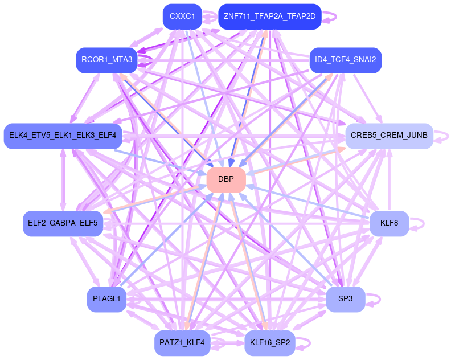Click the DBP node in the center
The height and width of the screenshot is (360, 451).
[x=226, y=179]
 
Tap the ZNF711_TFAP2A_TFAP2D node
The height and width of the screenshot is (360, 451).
[x=269, y=17]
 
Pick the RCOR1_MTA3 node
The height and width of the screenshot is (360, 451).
[x=106, y=60]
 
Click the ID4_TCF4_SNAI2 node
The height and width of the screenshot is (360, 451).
[x=345, y=60]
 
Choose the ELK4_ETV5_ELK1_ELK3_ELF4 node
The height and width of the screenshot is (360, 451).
[x=63, y=136]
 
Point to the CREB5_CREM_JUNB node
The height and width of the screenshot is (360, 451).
[x=389, y=136]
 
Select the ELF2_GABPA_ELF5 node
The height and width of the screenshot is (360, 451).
[x=63, y=223]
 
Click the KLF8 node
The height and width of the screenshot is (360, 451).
[x=389, y=223]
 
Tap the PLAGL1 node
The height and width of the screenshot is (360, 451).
[x=106, y=299]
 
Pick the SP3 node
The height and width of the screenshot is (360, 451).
[x=345, y=299]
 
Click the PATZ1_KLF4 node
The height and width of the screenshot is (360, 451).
[x=182, y=343]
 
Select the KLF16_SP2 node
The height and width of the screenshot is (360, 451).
[x=269, y=343]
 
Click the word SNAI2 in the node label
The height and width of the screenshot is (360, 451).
[x=363, y=60]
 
